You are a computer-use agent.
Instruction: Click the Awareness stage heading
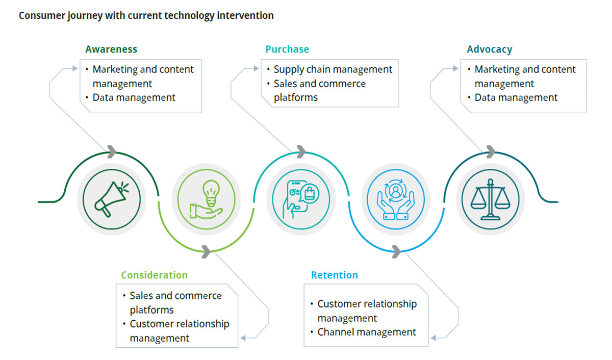(x=111, y=49)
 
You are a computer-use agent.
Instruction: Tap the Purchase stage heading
(x=287, y=49)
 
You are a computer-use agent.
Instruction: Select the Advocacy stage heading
(x=489, y=49)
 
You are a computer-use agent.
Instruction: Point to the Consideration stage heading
(x=155, y=275)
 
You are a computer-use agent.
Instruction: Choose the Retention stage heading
(x=335, y=275)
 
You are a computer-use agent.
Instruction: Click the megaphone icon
(x=112, y=199)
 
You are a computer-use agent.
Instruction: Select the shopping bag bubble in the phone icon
(x=310, y=194)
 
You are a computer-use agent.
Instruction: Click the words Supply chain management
(x=333, y=69)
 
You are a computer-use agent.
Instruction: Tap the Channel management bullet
(x=366, y=332)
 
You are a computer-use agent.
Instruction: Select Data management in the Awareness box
(x=134, y=97)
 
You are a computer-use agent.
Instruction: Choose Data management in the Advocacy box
(x=516, y=97)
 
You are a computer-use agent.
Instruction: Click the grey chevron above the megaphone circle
(x=112, y=151)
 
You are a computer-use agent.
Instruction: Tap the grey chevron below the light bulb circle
(x=206, y=251)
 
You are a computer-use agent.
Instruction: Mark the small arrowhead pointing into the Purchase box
(x=256, y=68)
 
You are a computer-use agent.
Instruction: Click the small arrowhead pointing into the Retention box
(x=433, y=338)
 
